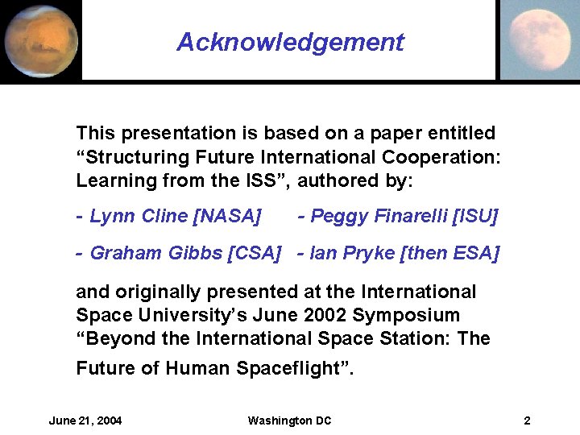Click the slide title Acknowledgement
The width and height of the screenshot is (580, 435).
290,42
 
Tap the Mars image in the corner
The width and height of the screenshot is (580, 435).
40,40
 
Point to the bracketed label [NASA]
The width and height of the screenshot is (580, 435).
229,216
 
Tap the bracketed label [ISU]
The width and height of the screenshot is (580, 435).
476,216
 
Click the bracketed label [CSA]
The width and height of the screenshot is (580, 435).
255,254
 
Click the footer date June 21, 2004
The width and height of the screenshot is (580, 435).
85,420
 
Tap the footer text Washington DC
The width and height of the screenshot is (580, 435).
289,420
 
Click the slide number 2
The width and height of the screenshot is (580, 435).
527,420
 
